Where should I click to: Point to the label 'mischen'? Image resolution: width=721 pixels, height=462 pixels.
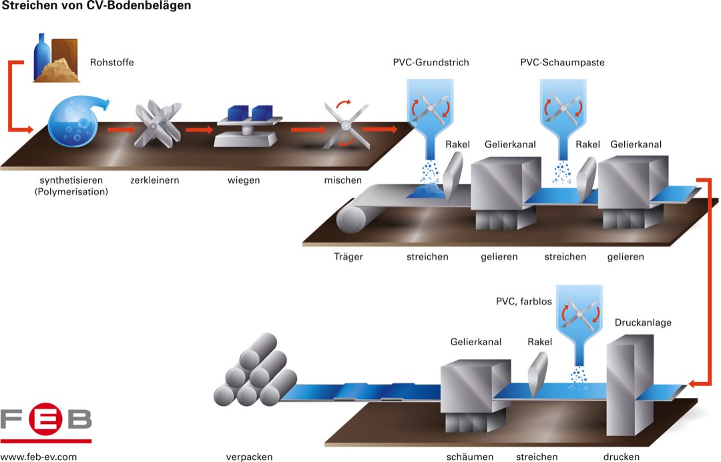pos(343,180)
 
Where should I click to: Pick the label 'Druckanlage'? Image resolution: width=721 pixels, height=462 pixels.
pos(643,322)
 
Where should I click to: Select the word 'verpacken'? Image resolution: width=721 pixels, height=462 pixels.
pos(250,457)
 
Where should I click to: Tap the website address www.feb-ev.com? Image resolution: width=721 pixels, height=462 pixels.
pos(39,457)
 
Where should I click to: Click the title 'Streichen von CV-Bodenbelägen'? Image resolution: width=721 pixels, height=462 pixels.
pos(88,6)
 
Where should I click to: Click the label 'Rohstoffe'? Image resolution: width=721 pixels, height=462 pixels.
pos(112,63)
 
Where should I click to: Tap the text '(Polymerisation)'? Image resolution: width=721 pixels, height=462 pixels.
pos(73,192)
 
